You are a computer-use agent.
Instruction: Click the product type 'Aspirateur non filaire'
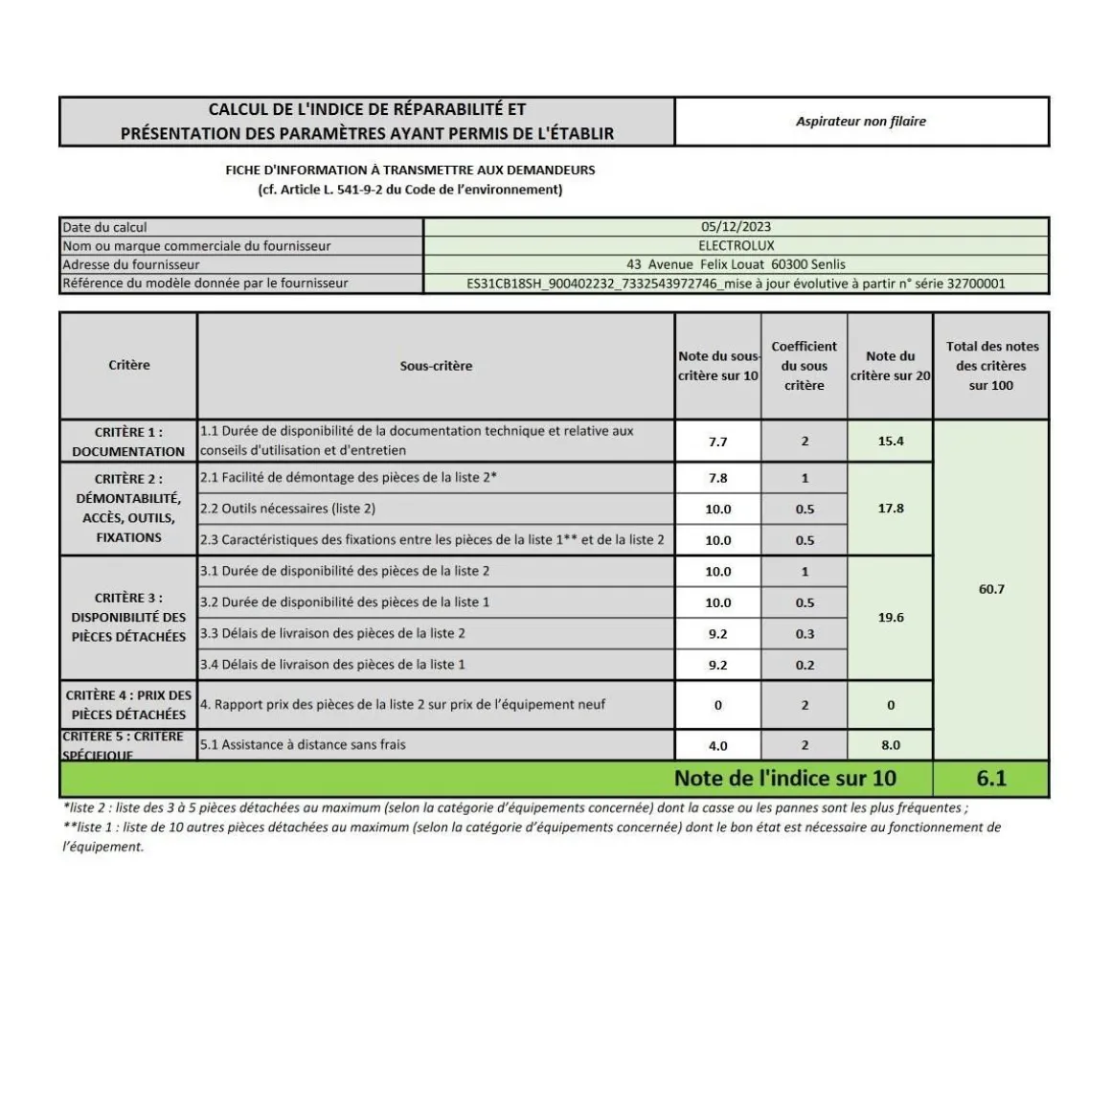[x=860, y=122]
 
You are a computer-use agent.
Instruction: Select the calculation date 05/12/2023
[x=736, y=227]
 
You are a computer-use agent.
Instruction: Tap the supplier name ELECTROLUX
[x=736, y=245]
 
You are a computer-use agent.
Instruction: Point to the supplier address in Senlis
[x=736, y=264]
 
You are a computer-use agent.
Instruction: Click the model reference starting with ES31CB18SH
[x=736, y=283]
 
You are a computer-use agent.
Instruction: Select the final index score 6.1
[x=991, y=778]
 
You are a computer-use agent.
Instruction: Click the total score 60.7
[x=991, y=589]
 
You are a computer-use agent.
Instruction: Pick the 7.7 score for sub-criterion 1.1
[x=717, y=442]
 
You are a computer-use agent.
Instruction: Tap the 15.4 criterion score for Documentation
[x=891, y=441]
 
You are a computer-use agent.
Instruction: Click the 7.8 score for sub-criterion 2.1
[x=717, y=478]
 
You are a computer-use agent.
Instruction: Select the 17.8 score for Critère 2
[x=891, y=509]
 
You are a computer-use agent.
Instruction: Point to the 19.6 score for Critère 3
[x=891, y=618]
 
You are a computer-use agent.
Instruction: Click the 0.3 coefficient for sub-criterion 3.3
[x=805, y=634]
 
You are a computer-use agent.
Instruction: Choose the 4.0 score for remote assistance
[x=717, y=745]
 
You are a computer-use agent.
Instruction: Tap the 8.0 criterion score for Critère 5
[x=891, y=745]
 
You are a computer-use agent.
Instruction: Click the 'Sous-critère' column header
[x=436, y=366]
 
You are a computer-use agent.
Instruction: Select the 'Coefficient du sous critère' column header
[x=804, y=366]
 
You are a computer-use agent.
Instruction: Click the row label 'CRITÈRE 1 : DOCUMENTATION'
[x=128, y=442]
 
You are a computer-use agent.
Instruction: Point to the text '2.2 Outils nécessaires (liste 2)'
[x=287, y=509]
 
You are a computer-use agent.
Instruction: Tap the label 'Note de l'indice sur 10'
[x=785, y=778]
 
